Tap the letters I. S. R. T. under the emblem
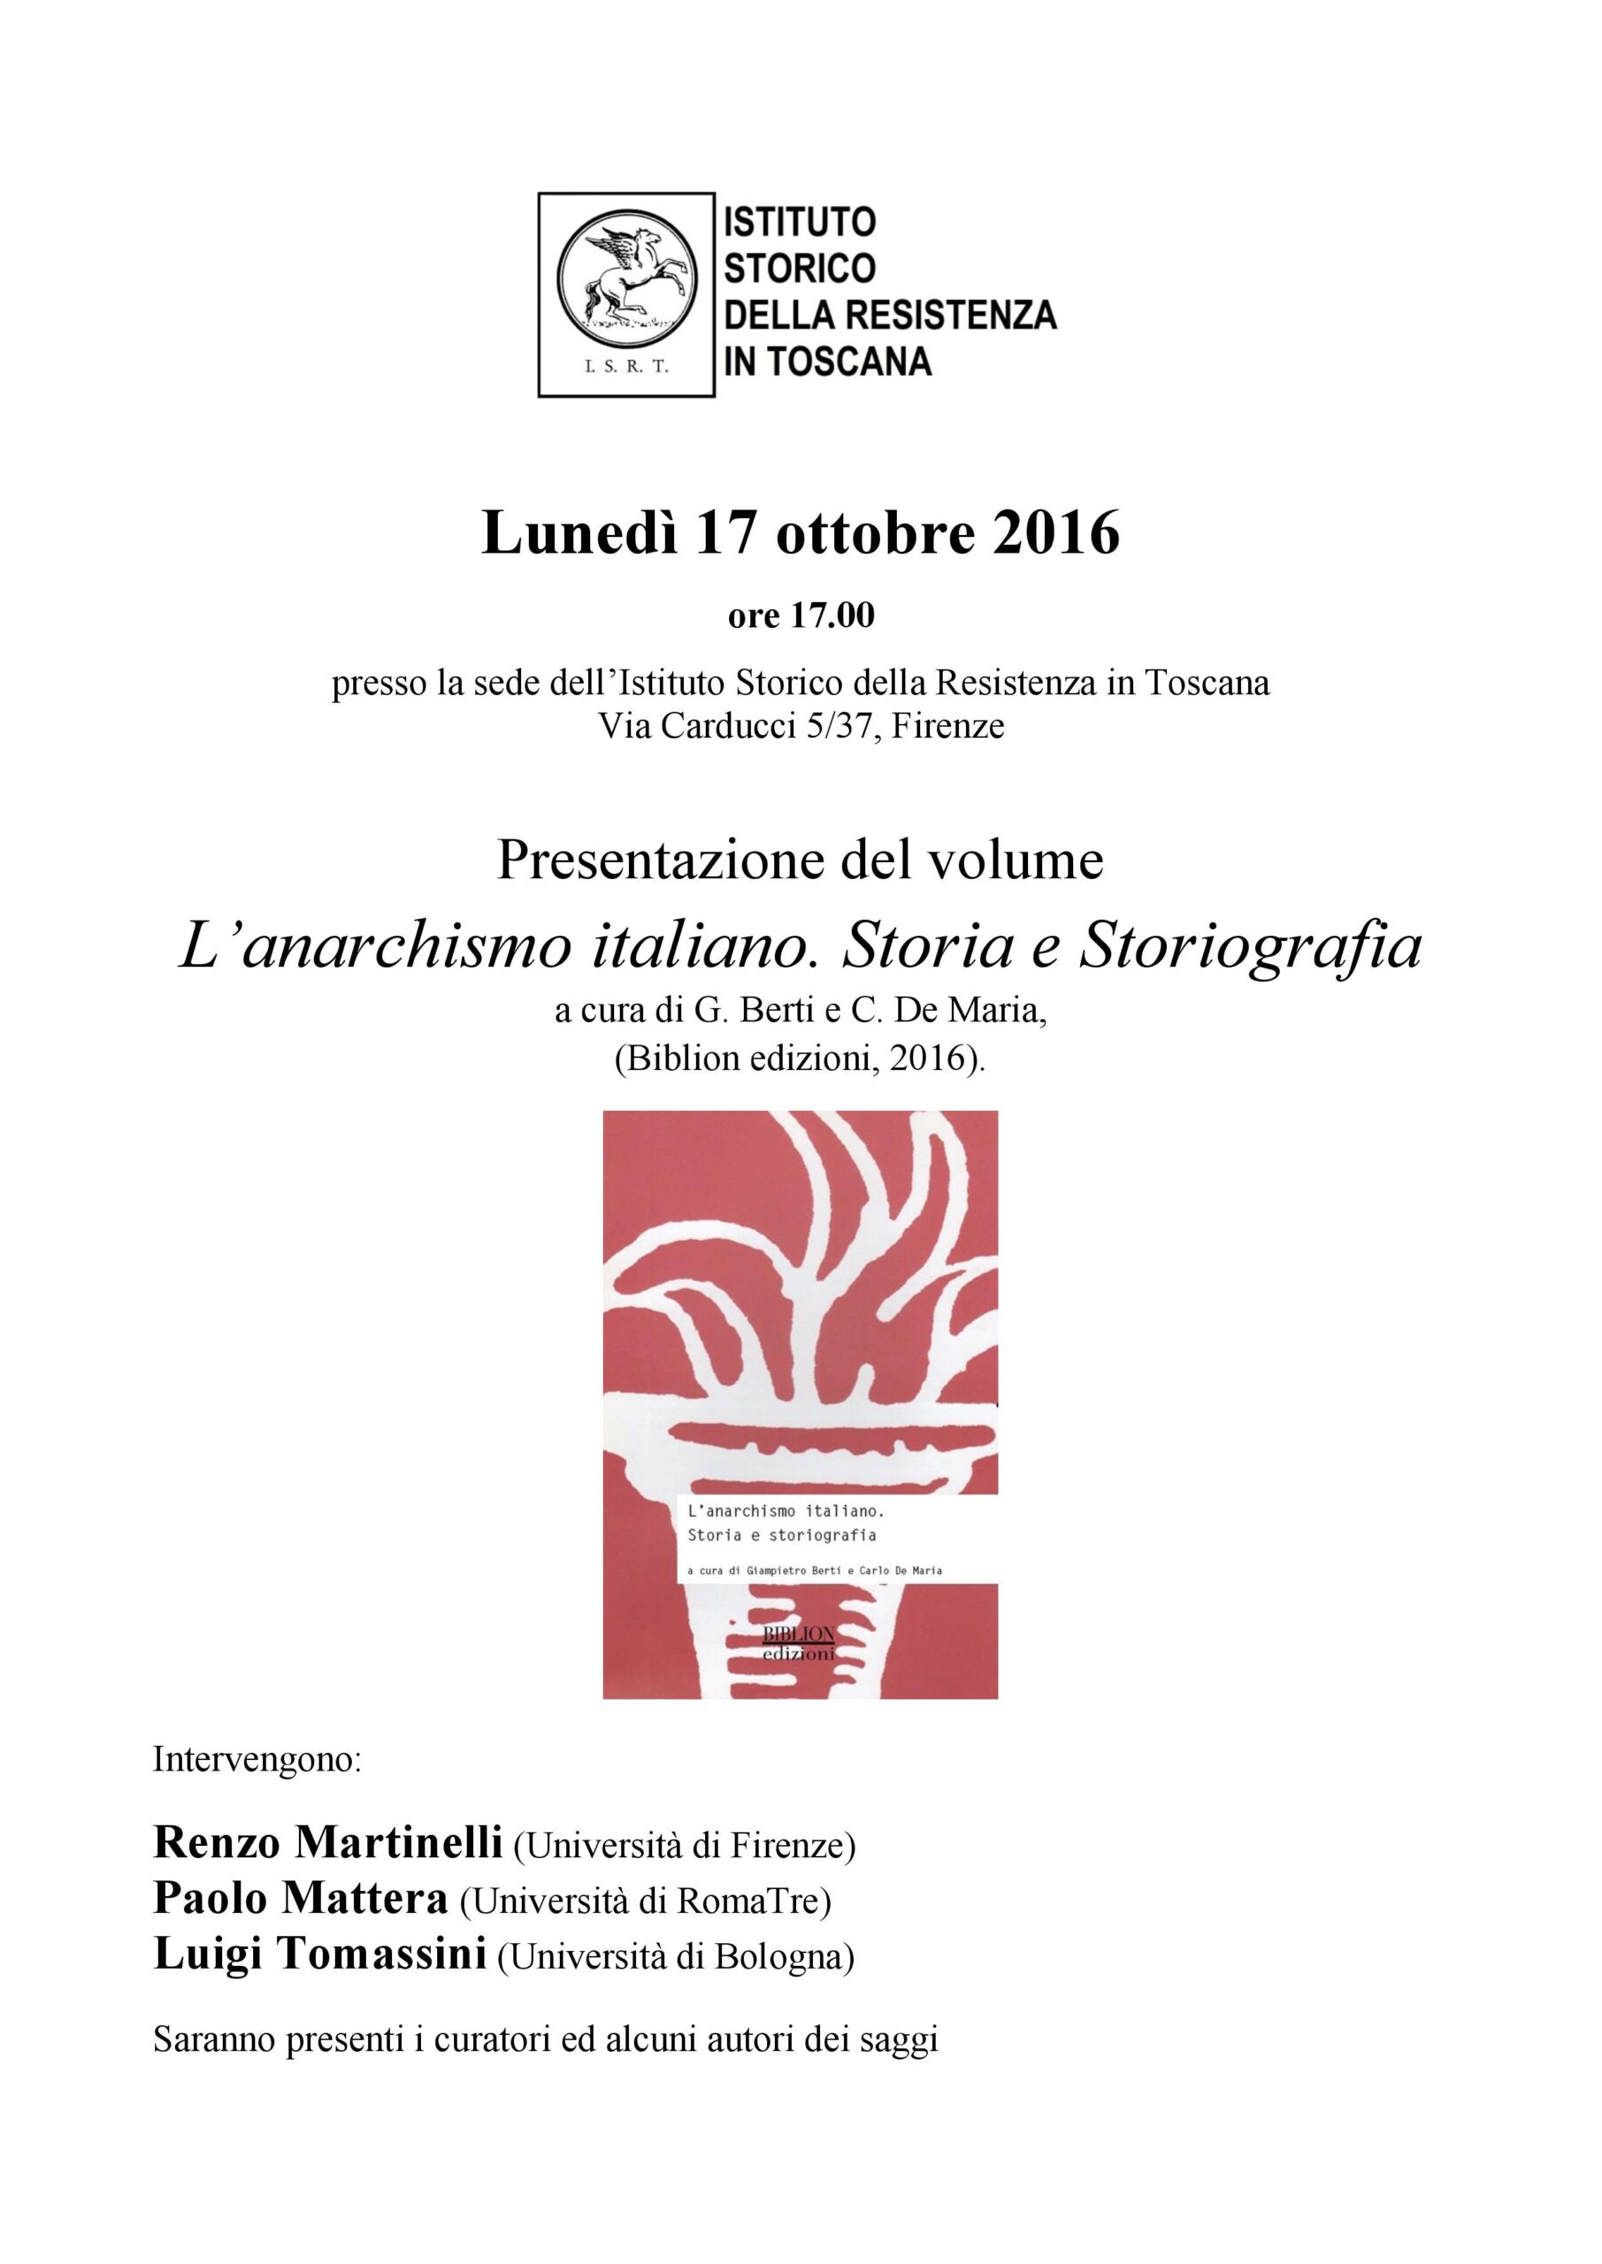pos(626,367)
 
